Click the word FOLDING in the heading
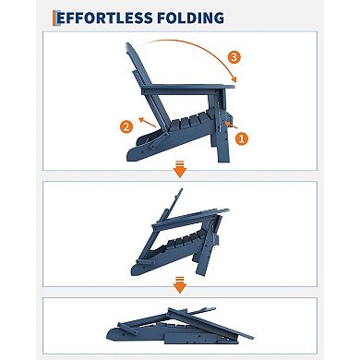(191, 18)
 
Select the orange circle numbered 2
(125, 126)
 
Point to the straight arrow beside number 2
(147, 117)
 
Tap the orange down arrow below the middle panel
(180, 285)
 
